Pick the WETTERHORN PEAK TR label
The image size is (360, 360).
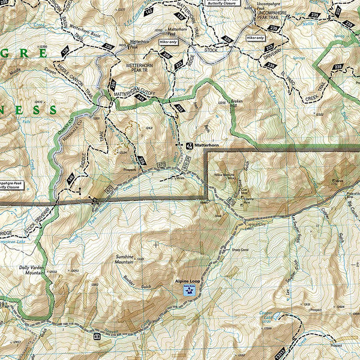pos(140,68)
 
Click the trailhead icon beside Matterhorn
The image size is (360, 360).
pos(188,145)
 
